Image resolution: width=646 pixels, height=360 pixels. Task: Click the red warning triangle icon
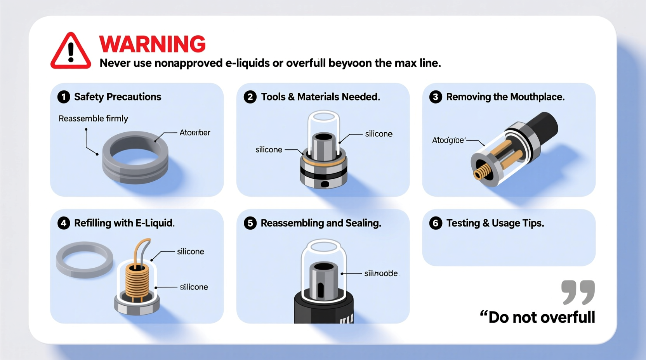pyautogui.click(x=71, y=52)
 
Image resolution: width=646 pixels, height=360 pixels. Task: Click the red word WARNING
pyautogui.click(x=152, y=44)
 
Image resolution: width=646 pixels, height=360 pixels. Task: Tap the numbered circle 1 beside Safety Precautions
pyautogui.click(x=64, y=97)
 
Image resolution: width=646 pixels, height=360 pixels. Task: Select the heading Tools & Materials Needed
pyautogui.click(x=320, y=97)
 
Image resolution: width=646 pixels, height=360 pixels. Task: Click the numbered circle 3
pyautogui.click(x=435, y=97)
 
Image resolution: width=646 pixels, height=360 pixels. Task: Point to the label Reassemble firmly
pyautogui.click(x=93, y=118)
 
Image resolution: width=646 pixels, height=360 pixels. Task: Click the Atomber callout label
pyautogui.click(x=194, y=133)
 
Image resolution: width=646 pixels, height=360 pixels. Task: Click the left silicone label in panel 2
pyautogui.click(x=269, y=150)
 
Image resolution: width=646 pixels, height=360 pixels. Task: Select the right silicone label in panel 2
pyautogui.click(x=379, y=134)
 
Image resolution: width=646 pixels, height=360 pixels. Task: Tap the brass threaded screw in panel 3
pyautogui.click(x=482, y=171)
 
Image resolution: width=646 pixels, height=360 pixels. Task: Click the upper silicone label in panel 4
pyautogui.click(x=190, y=251)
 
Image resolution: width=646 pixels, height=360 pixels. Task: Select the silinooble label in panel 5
pyautogui.click(x=380, y=273)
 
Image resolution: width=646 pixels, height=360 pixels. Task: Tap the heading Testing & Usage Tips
pyautogui.click(x=495, y=223)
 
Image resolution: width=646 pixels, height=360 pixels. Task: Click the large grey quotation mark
pyautogui.click(x=578, y=292)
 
